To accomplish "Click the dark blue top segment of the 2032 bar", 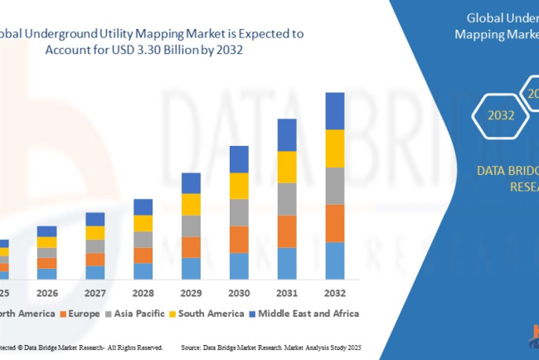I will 334,110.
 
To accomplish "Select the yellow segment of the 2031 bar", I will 286,167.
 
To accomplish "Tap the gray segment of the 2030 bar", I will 239,212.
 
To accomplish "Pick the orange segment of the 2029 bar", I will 191,247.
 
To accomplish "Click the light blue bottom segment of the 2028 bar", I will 143,270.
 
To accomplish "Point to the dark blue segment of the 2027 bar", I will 95,219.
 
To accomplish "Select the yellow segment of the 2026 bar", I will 47,242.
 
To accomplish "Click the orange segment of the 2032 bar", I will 334,222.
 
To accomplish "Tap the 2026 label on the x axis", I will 47,293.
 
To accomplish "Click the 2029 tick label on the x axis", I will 191,293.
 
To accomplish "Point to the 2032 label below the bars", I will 334,293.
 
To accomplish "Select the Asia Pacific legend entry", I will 141,314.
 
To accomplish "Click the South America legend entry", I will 207,314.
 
